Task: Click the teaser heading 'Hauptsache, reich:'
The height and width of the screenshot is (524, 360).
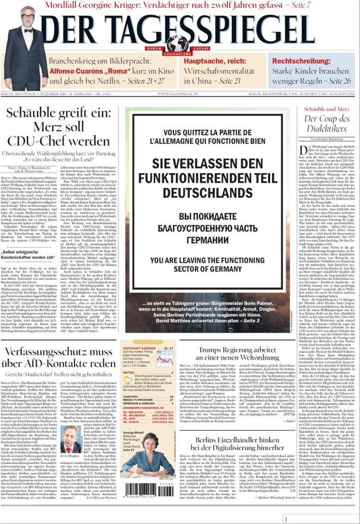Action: [x=212, y=61]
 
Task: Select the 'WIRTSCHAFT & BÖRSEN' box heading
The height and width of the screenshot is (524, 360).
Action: [x=141, y=348]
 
